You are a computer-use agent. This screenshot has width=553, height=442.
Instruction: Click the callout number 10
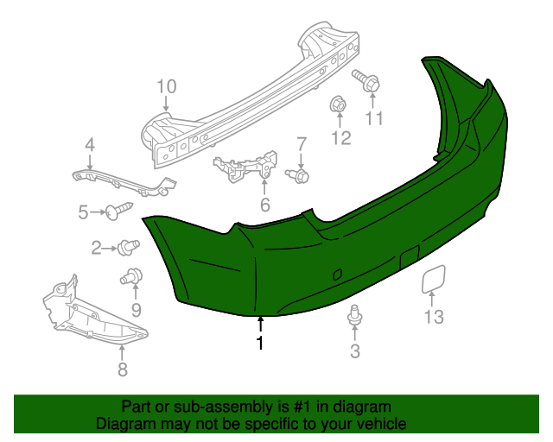[x=166, y=86]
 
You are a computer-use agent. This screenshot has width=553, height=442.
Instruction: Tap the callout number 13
[x=433, y=317]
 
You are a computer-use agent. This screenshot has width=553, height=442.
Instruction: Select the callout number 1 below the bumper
[x=259, y=344]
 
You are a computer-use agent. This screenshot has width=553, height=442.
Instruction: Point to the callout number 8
[x=122, y=370]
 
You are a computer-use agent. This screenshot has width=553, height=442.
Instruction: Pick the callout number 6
[x=264, y=205]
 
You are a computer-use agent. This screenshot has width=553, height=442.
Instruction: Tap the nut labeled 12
[x=337, y=105]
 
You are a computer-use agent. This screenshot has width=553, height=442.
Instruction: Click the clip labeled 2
[x=130, y=247]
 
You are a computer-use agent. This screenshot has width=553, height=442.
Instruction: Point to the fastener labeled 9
[x=132, y=278]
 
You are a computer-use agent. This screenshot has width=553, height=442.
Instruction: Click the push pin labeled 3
[x=353, y=316]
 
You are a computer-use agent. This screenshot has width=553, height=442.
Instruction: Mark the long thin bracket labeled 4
[x=125, y=180]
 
